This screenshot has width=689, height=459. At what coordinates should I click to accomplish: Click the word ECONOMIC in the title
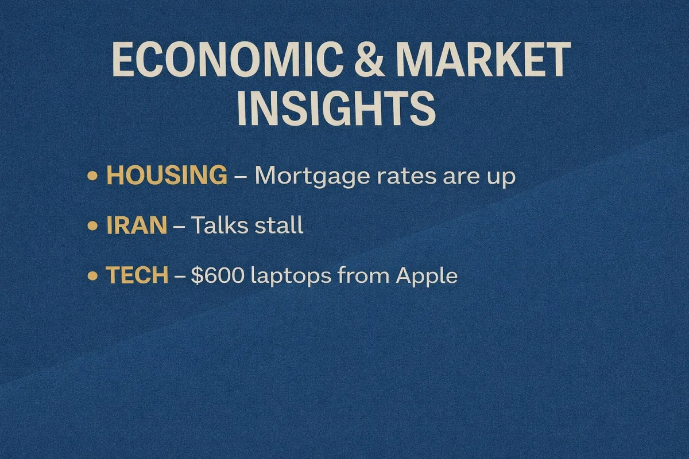tap(227, 59)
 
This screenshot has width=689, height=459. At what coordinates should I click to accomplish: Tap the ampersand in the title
tap(369, 59)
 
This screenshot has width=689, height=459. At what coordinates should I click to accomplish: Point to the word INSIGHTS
tap(336, 108)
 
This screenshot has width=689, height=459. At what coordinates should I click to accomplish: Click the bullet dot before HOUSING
tap(92, 176)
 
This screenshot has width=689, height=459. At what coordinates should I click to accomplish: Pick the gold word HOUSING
tap(167, 175)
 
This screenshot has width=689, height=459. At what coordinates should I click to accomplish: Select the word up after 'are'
tap(500, 178)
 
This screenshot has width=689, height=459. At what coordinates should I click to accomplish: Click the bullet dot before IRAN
tap(92, 226)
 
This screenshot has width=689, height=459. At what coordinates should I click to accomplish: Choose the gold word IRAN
tap(137, 225)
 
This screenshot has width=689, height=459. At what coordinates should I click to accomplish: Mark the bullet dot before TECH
tap(92, 275)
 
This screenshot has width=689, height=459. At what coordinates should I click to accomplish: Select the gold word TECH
tap(137, 274)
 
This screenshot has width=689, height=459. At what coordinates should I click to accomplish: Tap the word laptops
tap(291, 276)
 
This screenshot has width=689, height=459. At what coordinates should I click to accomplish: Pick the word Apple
tap(427, 276)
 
